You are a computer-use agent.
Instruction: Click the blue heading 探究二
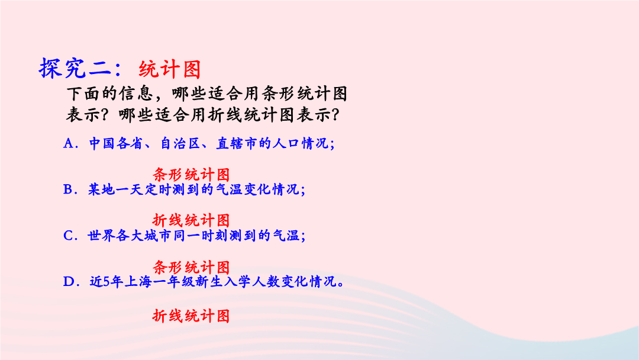click(x=75, y=68)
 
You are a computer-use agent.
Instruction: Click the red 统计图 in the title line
click(x=170, y=69)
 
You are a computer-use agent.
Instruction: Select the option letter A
click(x=68, y=143)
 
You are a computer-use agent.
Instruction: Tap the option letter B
click(x=67, y=189)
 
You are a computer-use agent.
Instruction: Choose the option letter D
click(x=69, y=282)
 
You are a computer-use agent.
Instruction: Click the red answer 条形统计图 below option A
click(x=192, y=175)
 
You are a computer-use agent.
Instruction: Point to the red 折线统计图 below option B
click(x=192, y=221)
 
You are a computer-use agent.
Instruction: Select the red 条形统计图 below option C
click(x=192, y=268)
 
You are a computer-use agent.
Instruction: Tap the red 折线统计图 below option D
click(x=192, y=316)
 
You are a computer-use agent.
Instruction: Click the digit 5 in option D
click(x=106, y=282)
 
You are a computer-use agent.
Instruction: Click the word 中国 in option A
click(x=102, y=143)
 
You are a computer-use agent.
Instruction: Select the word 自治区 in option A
click(x=180, y=143)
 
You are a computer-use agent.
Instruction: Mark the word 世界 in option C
click(x=102, y=236)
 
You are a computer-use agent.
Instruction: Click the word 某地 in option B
click(x=102, y=189)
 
